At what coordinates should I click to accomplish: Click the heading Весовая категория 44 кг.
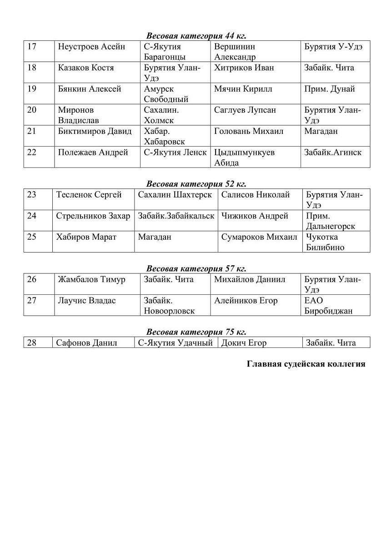coord(196,35)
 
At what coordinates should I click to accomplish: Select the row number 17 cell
coord(32,47)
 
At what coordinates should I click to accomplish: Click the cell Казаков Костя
coord(86,68)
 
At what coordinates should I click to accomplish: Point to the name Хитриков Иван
coord(244,68)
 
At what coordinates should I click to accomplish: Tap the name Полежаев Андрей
coord(93,153)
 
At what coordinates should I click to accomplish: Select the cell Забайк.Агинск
coord(333,153)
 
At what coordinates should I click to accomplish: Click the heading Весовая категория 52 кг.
coord(196,184)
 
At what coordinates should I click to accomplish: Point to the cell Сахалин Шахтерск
coord(175,195)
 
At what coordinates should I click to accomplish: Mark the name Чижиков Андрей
coord(255,216)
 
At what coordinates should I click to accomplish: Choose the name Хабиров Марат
coord(86,237)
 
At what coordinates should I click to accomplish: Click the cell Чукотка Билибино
coord(325,242)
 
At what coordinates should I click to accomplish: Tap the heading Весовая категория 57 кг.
coord(196,268)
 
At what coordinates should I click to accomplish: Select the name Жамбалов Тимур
coord(91,280)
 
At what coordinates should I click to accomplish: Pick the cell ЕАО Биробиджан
coord(328,306)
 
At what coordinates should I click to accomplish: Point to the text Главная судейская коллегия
coord(306,364)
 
